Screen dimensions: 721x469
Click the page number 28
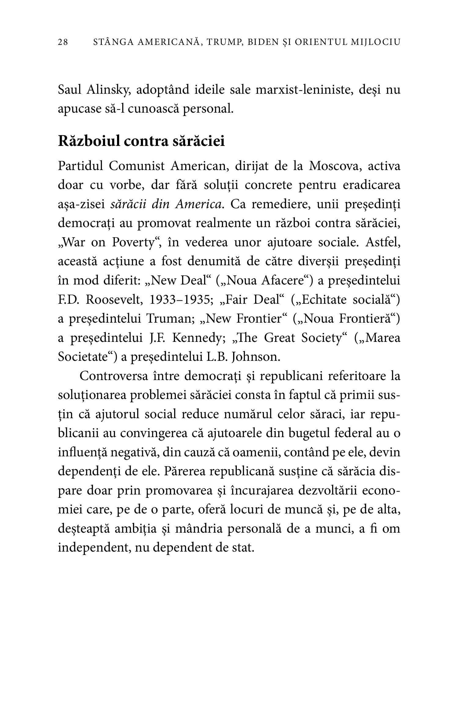[63, 42]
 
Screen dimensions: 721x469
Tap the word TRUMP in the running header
[222, 42]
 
